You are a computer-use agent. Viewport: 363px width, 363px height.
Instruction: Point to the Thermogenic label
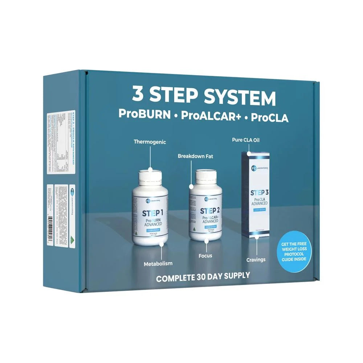point(150,142)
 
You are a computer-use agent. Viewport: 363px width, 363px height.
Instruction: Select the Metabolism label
point(157,263)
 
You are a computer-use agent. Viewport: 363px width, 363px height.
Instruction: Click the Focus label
point(205,256)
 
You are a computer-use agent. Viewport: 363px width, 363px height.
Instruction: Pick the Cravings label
point(256,260)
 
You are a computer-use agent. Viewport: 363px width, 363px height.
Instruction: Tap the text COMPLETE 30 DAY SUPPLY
point(203,276)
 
